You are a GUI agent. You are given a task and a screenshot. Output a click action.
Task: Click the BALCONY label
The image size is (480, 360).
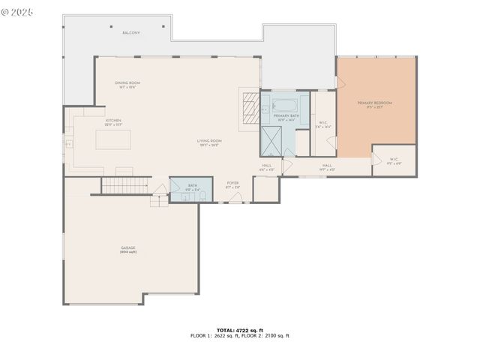pyautogui.click(x=131, y=33)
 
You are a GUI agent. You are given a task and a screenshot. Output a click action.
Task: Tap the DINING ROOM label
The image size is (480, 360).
pyautogui.click(x=127, y=83)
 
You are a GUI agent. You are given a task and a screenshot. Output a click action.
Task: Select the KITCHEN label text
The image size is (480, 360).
pyautogui.click(x=113, y=121)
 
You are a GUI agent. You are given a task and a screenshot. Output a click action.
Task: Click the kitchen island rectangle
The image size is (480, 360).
pyautogui.click(x=112, y=140)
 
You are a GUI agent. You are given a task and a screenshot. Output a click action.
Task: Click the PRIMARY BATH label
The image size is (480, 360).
pyautogui.click(x=285, y=116)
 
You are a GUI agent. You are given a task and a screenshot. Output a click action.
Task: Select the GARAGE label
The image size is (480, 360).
pyautogui.click(x=128, y=248)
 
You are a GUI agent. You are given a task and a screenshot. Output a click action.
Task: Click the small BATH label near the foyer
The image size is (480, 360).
pyautogui.click(x=193, y=186)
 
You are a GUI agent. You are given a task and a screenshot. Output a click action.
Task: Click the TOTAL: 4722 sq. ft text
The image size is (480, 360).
pyautogui.click(x=239, y=330)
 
